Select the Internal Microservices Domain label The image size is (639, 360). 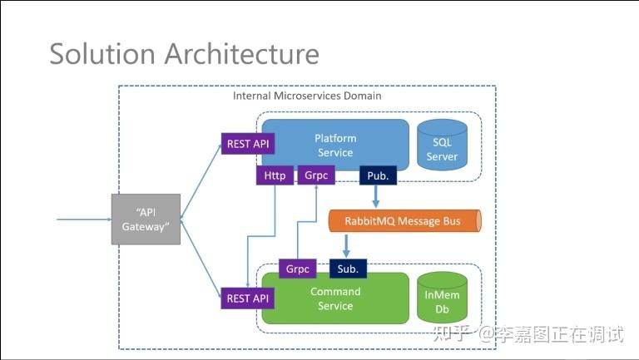pyautogui.click(x=307, y=96)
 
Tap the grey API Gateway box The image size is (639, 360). pyautogui.click(x=146, y=219)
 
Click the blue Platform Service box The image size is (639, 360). pyautogui.click(x=335, y=141)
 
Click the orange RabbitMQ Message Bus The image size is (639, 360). pyautogui.click(x=404, y=220)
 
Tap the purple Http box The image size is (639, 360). pyautogui.click(x=275, y=176)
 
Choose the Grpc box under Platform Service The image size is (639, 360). pyautogui.click(x=315, y=176)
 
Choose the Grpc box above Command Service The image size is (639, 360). pyautogui.click(x=298, y=269)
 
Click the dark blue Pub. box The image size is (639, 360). pyautogui.click(x=377, y=176)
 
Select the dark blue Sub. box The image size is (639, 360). pyautogui.click(x=348, y=269)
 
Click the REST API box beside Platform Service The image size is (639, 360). pyautogui.click(x=248, y=144)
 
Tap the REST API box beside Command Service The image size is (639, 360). pyautogui.click(x=248, y=298)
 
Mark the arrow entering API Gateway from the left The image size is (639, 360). pyautogui.click(x=83, y=219)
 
